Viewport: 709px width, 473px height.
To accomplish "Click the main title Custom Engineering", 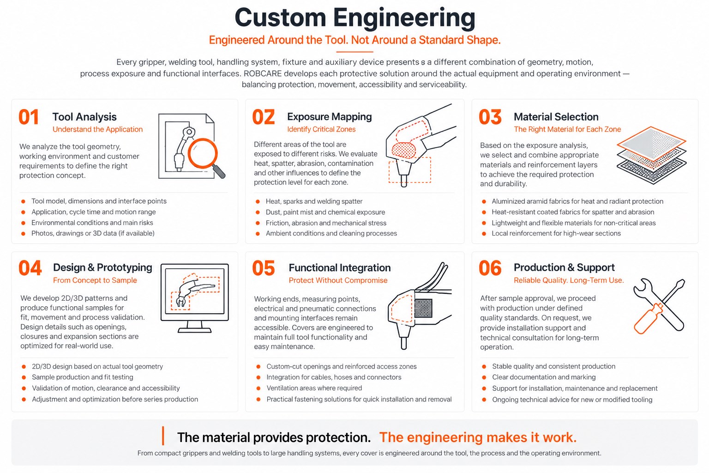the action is (355, 18).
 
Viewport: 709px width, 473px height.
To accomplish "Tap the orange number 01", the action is (29, 117).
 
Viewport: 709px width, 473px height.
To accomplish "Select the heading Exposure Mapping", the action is (329, 117).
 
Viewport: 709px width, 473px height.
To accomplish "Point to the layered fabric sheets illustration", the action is (651, 155).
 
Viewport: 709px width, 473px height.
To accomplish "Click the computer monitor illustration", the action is (195, 298).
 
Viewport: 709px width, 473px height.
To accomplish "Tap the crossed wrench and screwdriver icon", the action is (660, 306).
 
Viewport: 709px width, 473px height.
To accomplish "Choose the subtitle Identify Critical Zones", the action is (321, 129).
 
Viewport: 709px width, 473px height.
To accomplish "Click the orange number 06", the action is (490, 268).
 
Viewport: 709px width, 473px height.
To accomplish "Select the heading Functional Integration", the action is (340, 268).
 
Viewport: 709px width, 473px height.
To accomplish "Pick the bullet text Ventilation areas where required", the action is (314, 388).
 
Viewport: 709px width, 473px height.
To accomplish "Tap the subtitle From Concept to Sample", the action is (95, 280).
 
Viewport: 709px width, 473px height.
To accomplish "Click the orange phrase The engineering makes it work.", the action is (478, 437).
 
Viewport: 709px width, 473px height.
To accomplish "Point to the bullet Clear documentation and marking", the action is (544, 377).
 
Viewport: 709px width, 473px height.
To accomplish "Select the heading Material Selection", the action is (556, 117).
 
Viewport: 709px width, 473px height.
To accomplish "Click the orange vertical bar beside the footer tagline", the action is (163, 436).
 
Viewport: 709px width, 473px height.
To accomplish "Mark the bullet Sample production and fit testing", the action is (82, 377).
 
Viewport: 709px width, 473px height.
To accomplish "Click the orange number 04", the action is (30, 268).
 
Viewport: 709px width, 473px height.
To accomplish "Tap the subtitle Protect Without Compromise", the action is (338, 280).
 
